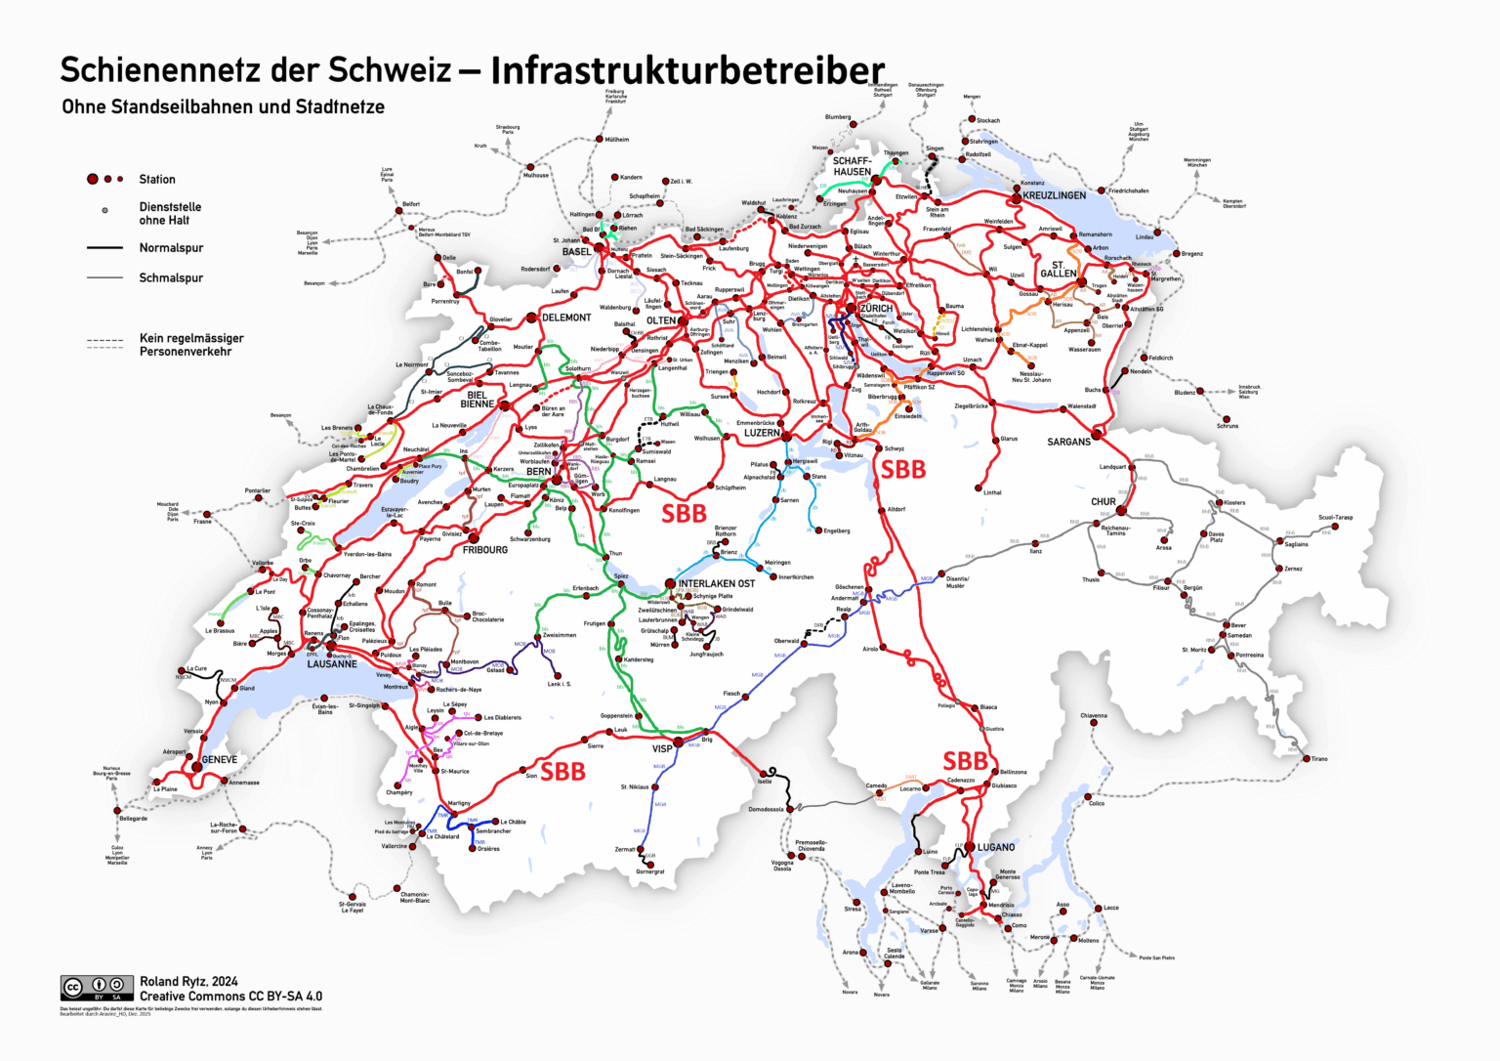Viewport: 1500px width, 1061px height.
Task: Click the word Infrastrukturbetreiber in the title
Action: [687, 70]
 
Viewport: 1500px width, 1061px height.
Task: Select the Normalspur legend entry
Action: [171, 248]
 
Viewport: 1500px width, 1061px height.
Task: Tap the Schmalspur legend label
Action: [171, 278]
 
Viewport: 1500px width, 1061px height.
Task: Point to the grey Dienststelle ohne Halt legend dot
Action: [105, 210]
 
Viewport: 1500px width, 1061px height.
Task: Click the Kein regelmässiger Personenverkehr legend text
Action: [190, 345]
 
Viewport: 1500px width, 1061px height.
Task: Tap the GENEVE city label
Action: [219, 760]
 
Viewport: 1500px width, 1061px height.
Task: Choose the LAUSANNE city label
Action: [332, 664]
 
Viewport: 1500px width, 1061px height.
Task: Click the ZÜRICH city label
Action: [876, 309]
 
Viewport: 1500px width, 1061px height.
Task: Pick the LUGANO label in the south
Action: [996, 848]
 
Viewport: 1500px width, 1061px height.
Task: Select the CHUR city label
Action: [1103, 502]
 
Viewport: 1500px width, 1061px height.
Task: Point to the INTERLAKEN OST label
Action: [716, 584]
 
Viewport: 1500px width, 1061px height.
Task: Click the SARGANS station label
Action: [1068, 443]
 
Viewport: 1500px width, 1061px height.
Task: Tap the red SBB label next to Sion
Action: [563, 772]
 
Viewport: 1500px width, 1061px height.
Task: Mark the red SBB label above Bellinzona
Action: [965, 760]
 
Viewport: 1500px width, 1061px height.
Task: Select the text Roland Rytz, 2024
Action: [188, 982]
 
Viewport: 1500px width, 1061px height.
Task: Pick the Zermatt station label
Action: [624, 850]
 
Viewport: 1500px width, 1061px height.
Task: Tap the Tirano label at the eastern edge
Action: [1318, 759]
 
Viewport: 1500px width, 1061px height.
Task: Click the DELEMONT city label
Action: [566, 318]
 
